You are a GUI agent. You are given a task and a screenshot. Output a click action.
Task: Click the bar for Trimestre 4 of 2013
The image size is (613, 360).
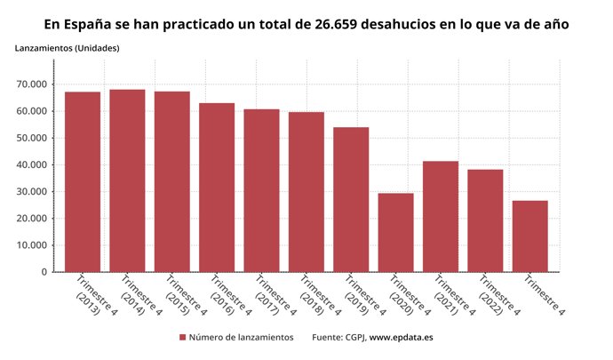pyautogui.click(x=82, y=182)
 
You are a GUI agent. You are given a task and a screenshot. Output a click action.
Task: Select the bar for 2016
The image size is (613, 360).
pyautogui.click(x=216, y=188)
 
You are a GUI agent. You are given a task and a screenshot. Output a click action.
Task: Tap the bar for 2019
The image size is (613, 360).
pyautogui.click(x=351, y=199)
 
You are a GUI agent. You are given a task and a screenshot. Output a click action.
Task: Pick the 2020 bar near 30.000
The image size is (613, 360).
pyautogui.click(x=395, y=232)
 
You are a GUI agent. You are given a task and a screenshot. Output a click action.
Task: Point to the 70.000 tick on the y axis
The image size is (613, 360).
pyautogui.click(x=31, y=84)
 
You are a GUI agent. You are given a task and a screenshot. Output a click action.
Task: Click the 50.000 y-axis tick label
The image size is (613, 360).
pyautogui.click(x=31, y=138)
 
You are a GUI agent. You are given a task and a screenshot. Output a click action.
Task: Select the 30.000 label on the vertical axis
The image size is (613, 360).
pyautogui.click(x=31, y=192)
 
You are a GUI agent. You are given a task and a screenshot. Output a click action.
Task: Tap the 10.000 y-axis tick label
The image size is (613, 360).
pyautogui.click(x=31, y=245)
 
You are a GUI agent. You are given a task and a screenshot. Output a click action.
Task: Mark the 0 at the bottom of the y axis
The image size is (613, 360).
pyautogui.click(x=44, y=272)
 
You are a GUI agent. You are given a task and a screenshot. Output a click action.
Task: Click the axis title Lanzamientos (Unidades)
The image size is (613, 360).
pyautogui.click(x=68, y=47)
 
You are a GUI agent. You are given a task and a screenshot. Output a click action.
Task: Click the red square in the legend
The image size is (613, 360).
pyautogui.click(x=183, y=338)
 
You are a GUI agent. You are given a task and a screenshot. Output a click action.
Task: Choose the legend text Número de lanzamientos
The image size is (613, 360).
pyautogui.click(x=242, y=338)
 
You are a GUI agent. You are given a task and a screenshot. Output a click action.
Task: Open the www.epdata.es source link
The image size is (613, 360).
pyautogui.click(x=401, y=338)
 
